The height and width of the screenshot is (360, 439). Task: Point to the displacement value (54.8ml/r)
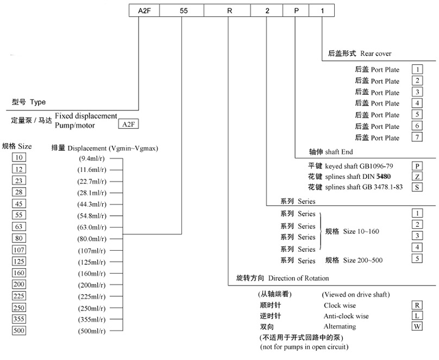[x=92, y=216]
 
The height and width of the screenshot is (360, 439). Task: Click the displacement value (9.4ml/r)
[x=92, y=158]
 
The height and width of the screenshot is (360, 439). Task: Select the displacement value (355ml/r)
[x=92, y=319]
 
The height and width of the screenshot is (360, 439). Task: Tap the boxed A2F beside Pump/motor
[x=129, y=125]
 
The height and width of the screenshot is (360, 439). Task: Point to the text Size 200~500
[x=362, y=260]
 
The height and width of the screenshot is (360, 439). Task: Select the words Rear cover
[x=375, y=54]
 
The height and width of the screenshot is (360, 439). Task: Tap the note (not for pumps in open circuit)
[x=304, y=347]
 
